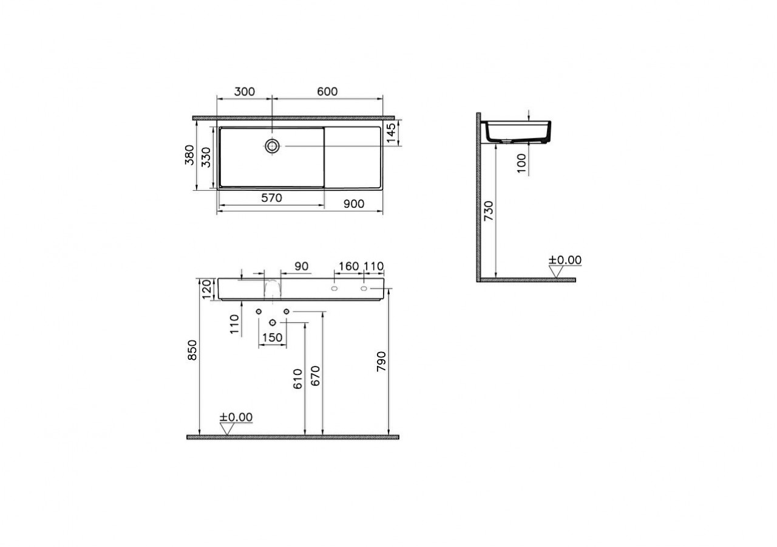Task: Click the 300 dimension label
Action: [244, 92]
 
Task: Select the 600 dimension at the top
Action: [327, 92]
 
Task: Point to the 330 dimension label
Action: [206, 157]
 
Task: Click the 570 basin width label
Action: [271, 198]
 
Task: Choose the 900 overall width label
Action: [354, 204]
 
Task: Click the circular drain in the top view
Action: [273, 145]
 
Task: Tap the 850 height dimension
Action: [192, 351]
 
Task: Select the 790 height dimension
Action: [381, 362]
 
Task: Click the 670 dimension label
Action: [315, 377]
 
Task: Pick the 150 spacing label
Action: [273, 337]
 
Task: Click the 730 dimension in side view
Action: [489, 210]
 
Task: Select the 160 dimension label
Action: [348, 266]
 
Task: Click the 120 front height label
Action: [206, 288]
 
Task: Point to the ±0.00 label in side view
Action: [565, 260]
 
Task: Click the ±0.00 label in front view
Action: [236, 417]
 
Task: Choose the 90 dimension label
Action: [301, 266]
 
